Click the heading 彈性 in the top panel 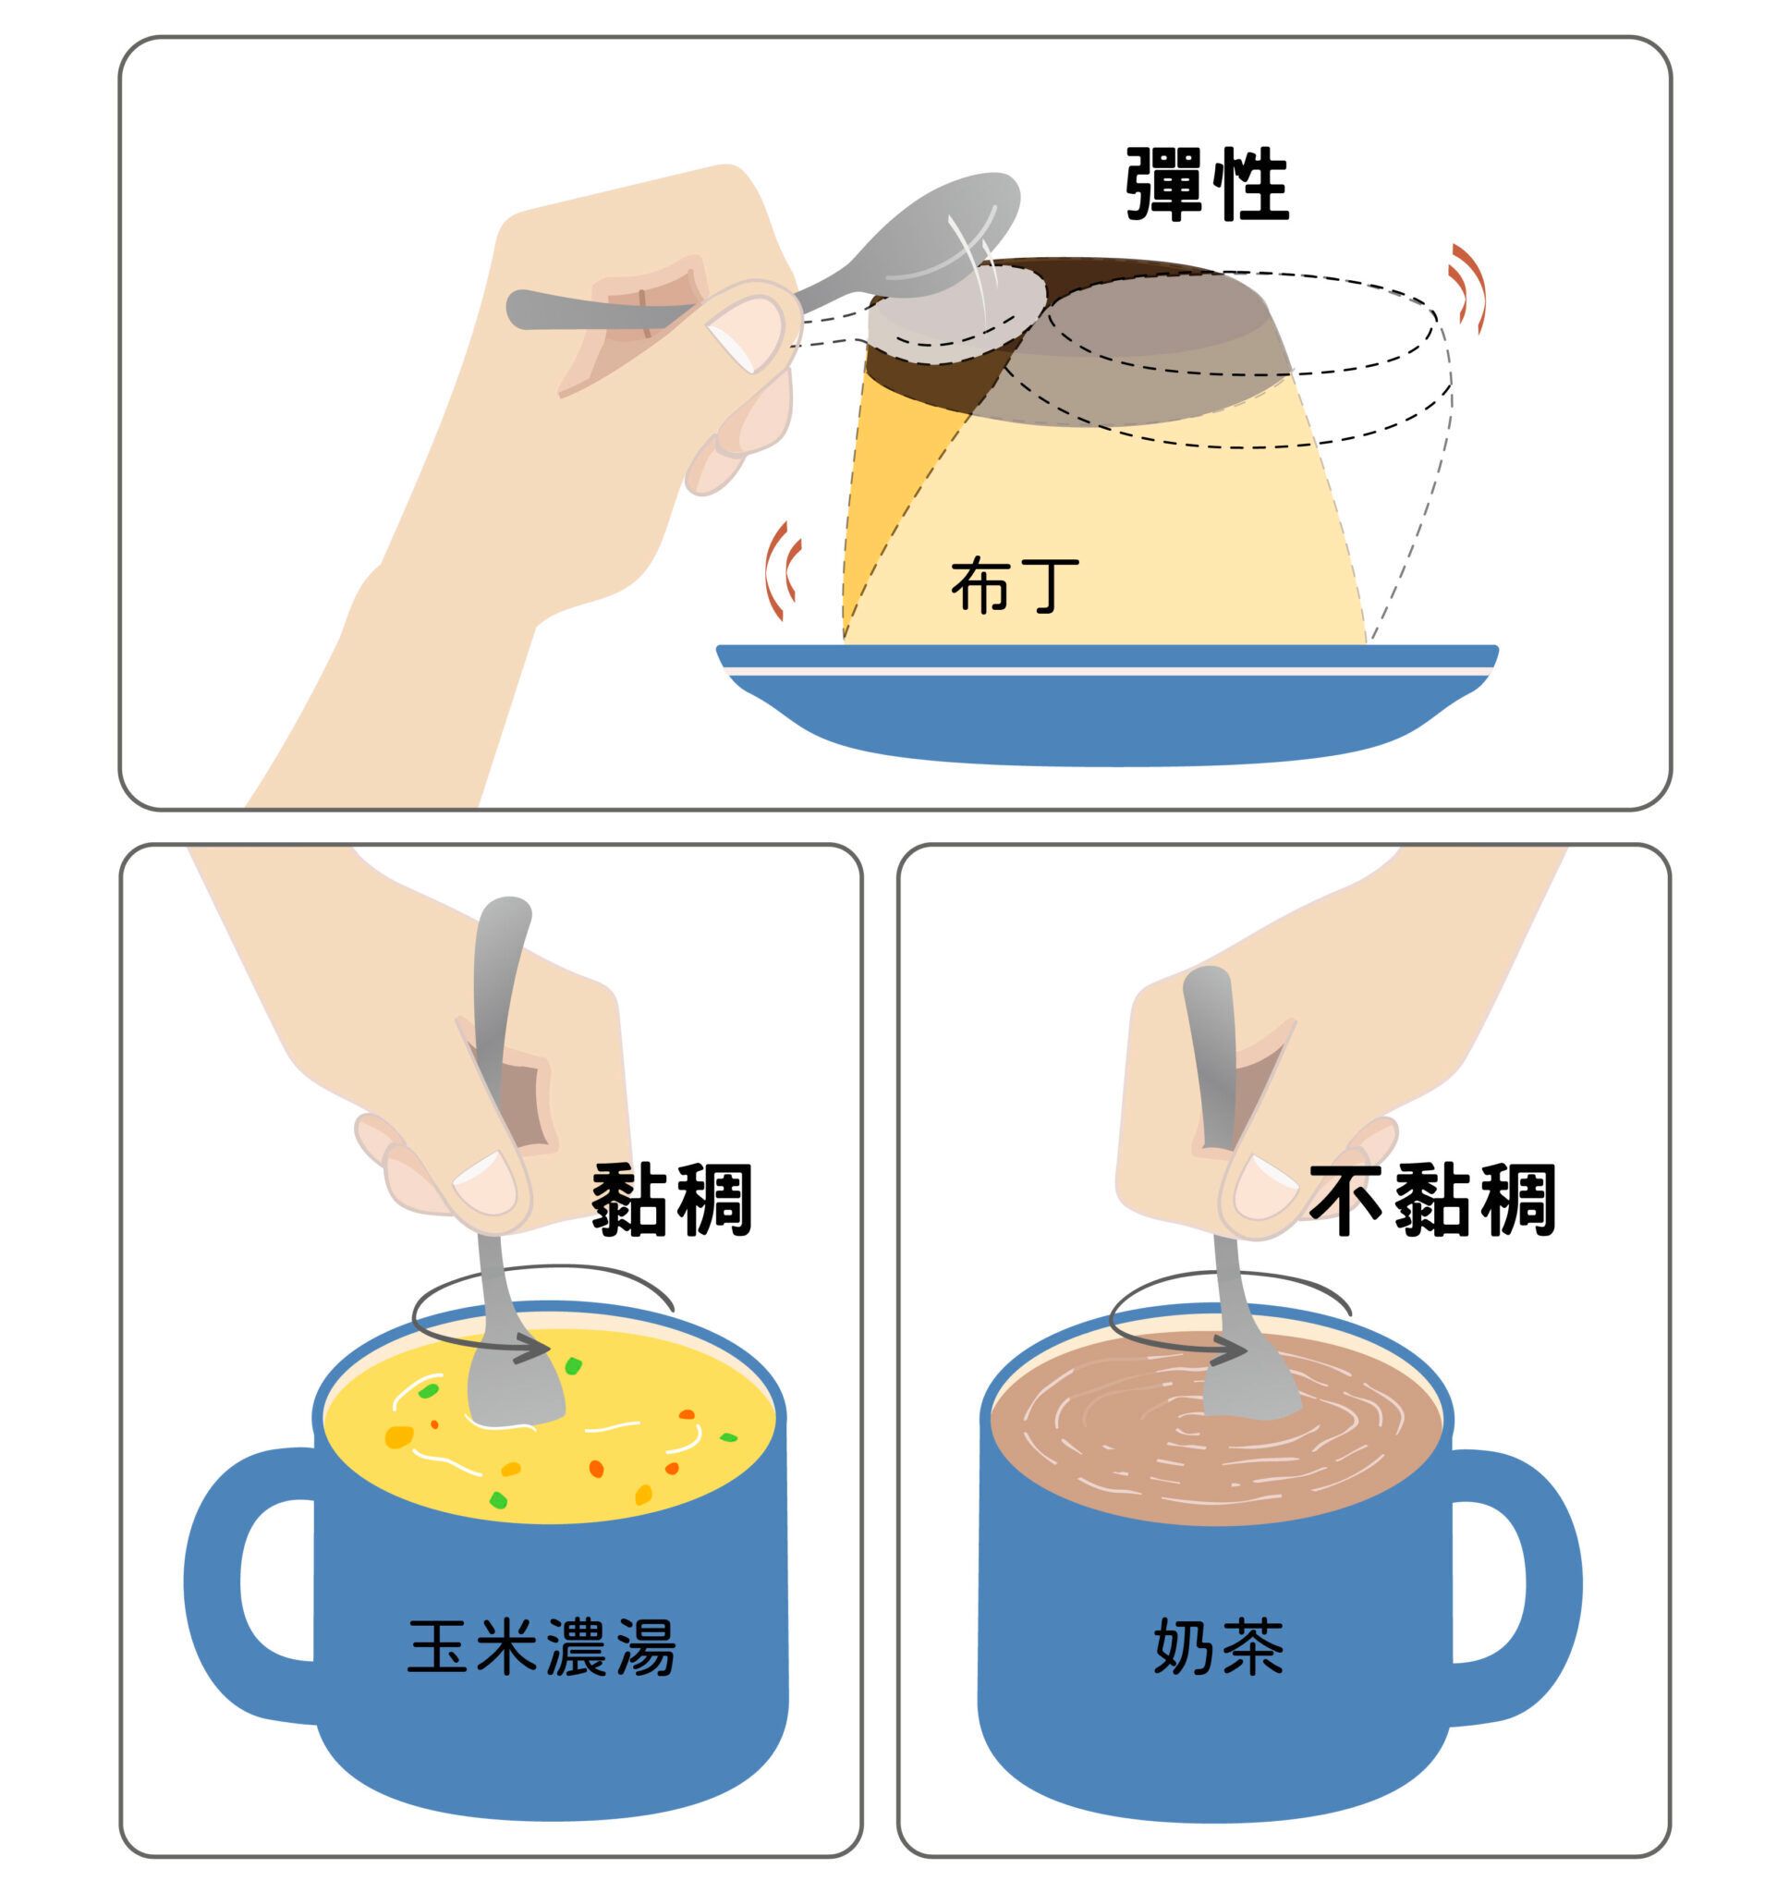1207,185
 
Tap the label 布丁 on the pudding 1015,584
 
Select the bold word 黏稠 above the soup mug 673,1200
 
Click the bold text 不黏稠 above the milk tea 1432,1200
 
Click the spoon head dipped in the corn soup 515,1391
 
